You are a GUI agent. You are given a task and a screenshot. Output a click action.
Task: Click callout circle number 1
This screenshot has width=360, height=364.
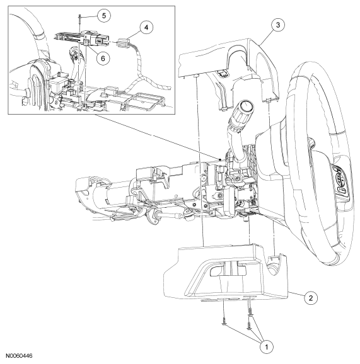[267, 347]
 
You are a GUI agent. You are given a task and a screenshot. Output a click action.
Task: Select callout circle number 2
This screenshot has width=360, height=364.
[310, 297]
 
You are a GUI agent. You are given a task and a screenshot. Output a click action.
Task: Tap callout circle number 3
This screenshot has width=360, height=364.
[278, 25]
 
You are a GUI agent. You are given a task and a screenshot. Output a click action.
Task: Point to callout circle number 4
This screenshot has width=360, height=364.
[146, 27]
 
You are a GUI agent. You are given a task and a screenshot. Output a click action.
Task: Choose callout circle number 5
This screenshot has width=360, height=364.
[103, 16]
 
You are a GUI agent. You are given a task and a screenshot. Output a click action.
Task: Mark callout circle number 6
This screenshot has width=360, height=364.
[103, 58]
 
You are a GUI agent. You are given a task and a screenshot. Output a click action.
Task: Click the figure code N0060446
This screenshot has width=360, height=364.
[19, 356]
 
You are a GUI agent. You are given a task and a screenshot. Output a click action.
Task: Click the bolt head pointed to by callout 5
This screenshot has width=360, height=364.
[79, 16]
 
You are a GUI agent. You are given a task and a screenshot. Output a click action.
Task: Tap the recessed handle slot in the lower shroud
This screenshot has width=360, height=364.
[228, 271]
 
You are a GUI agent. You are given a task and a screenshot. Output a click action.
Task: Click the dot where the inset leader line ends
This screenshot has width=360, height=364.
[220, 159]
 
